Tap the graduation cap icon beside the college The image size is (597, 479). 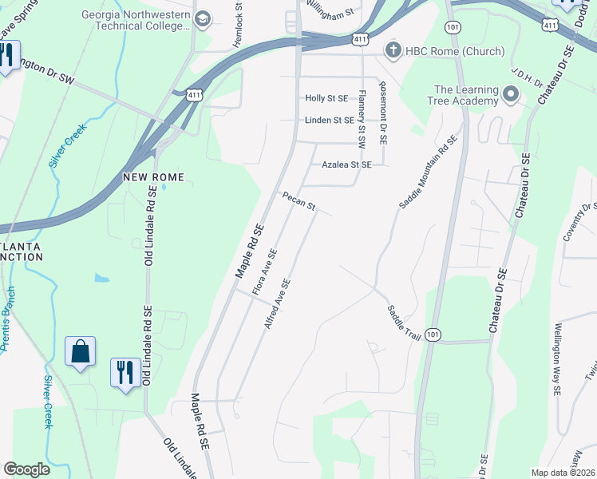point(203,18)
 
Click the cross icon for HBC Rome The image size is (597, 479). point(392,51)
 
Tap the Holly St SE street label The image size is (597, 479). point(327,98)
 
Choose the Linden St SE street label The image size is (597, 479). point(329,120)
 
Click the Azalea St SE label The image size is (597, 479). point(346,164)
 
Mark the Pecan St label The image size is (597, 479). point(298,201)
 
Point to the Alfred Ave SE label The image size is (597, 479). point(278,305)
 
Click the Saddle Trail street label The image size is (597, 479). point(404,323)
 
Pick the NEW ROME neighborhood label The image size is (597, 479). point(153,176)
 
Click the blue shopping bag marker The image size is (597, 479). point(81,352)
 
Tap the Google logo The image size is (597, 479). point(26,469)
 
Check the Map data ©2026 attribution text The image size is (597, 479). point(563,473)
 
